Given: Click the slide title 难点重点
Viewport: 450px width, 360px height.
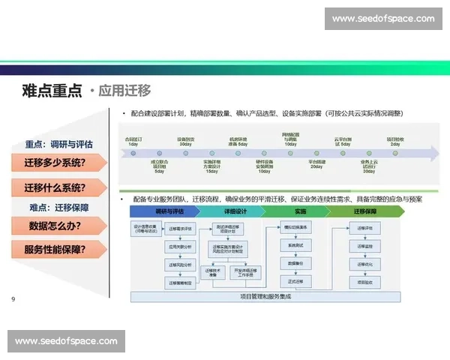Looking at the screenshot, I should (52, 91).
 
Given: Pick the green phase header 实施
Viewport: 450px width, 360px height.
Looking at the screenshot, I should (299, 212).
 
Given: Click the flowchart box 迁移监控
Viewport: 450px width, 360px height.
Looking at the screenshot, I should (365, 245).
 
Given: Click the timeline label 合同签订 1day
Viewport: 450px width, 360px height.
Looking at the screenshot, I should (135, 140).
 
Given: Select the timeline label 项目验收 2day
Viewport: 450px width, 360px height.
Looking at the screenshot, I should (395, 140).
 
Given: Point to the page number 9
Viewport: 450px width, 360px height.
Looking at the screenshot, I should (13, 300).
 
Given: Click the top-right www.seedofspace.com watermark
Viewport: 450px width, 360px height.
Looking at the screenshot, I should (383, 18).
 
